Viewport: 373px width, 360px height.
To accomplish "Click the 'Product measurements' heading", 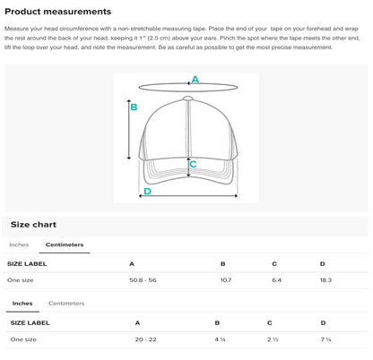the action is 58,12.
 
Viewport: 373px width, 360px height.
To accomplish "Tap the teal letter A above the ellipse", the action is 195,80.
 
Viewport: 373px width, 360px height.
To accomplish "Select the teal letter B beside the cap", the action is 134,107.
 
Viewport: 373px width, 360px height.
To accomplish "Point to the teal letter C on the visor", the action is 193,164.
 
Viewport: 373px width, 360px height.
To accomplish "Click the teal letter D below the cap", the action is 147,191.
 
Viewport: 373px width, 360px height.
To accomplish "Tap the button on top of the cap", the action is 187,99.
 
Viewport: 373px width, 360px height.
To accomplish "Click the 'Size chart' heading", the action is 33,225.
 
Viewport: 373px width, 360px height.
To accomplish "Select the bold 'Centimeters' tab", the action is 65,244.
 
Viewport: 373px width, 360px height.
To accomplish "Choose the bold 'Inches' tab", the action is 22,304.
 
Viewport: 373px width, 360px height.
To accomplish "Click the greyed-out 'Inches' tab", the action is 19,244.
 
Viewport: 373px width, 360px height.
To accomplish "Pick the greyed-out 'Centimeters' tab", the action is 66,304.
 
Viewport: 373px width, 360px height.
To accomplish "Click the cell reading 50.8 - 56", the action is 143,280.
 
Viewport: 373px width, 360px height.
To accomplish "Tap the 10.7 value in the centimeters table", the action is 226,280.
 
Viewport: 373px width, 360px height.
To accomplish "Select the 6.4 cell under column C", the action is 277,280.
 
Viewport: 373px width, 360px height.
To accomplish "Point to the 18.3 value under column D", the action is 325,280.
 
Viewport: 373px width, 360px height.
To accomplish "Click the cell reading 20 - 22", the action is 146,339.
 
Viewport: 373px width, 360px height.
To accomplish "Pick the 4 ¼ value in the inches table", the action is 220,339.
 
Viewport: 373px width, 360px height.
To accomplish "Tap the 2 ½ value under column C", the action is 273,339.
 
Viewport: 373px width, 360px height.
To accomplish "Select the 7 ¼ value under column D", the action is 325,339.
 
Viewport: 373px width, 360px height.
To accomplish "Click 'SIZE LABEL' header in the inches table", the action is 30,323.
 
